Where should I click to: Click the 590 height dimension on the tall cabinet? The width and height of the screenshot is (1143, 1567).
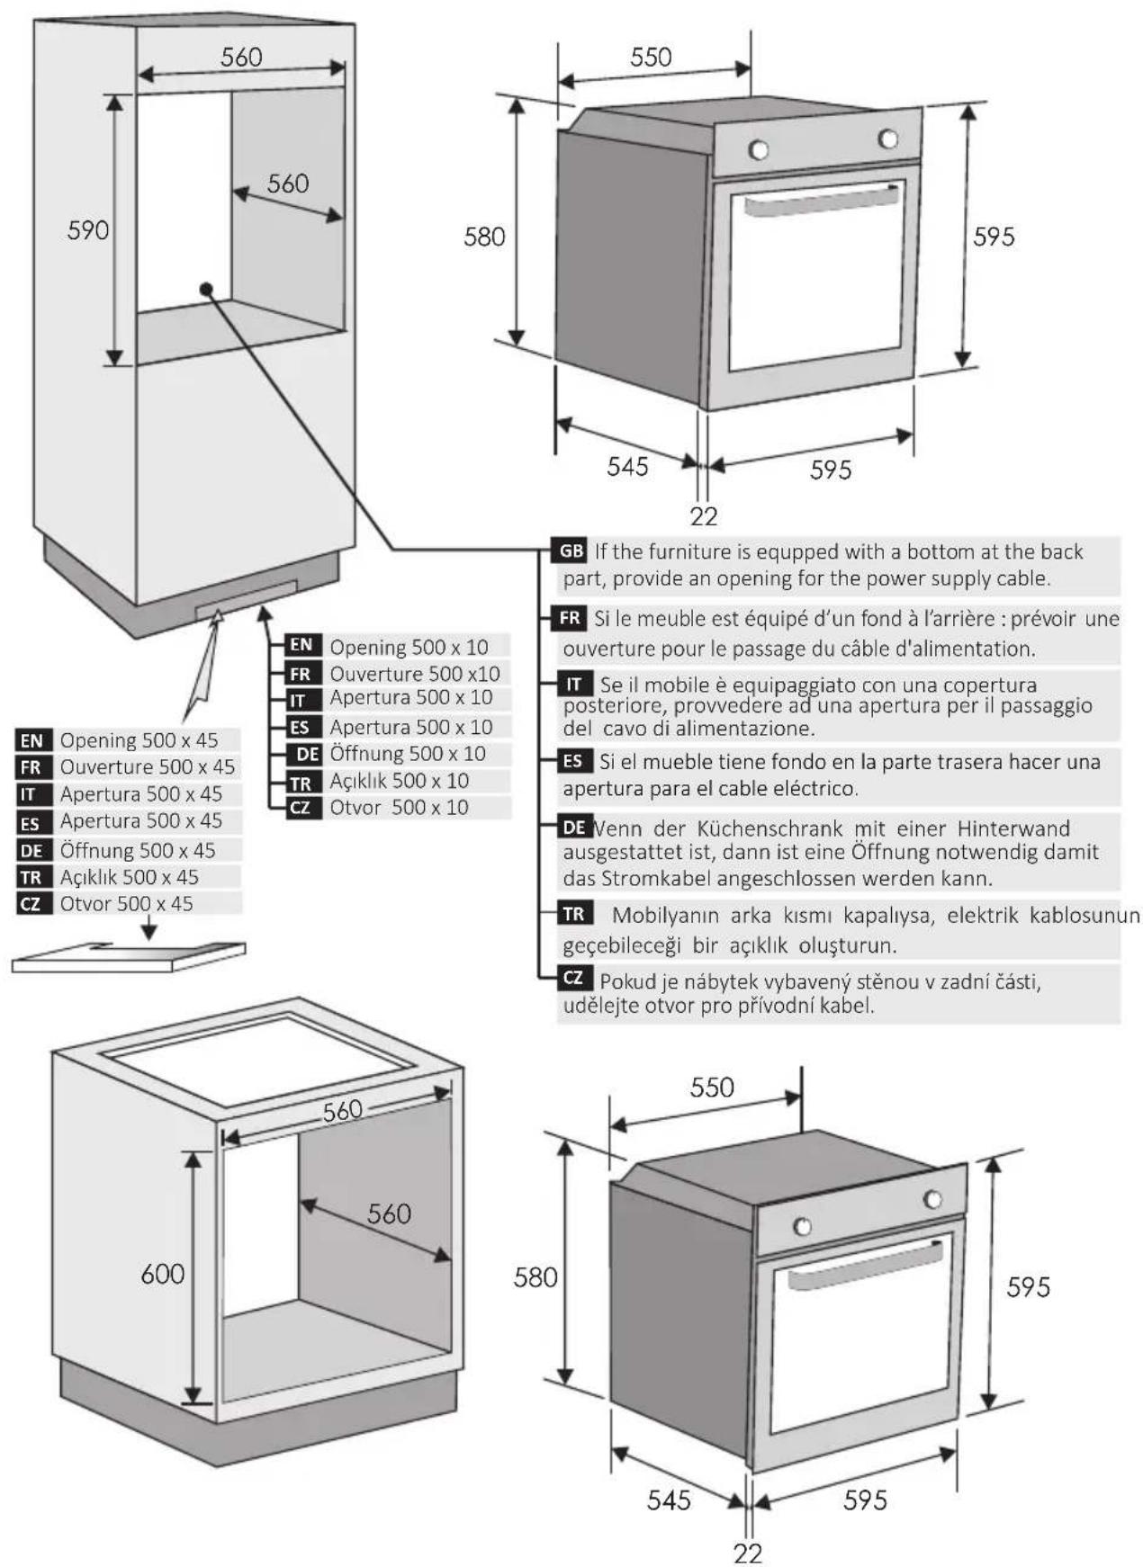88,230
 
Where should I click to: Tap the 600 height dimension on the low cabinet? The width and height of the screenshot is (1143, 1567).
163,1274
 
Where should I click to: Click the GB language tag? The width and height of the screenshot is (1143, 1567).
571,551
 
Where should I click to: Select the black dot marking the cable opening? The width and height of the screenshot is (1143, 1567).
207,289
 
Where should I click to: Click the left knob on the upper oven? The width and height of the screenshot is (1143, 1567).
759,149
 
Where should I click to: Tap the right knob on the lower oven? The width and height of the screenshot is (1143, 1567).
933,1199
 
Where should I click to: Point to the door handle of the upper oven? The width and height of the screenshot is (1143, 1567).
822,201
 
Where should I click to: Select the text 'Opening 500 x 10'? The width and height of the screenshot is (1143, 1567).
409,647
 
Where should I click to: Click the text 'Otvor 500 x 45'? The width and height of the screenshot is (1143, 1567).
127,903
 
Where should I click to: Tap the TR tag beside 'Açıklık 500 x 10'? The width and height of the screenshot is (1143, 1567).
300,783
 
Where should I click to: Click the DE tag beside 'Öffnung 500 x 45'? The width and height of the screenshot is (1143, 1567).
31,850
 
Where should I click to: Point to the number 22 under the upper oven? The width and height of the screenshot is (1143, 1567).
704,516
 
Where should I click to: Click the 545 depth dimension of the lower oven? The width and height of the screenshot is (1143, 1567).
669,1500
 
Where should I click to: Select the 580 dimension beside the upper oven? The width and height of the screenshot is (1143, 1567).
484,237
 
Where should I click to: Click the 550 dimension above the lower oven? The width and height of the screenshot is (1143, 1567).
712,1088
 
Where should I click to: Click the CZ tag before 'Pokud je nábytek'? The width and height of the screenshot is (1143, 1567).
573,977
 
